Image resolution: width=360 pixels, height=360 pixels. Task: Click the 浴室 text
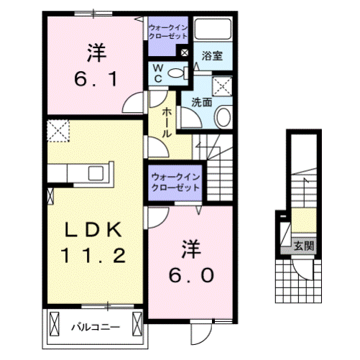point(211,55)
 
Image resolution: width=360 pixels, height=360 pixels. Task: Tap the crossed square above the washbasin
point(223,86)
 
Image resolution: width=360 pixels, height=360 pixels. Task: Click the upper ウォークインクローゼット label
point(167,32)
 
